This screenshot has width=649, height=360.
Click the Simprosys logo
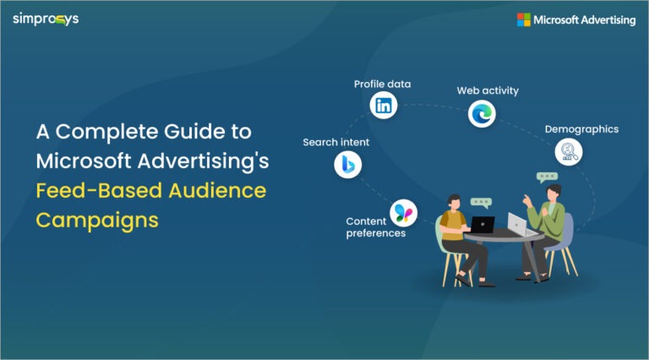tap(46, 19)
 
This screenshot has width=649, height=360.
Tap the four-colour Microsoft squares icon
tap(524, 19)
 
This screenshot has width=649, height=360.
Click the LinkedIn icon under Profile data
tap(384, 106)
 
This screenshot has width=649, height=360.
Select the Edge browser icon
tap(483, 112)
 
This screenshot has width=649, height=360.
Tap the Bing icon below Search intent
tap(347, 165)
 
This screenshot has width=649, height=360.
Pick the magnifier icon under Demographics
tap(569, 152)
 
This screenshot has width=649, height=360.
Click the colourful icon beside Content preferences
tap(403, 212)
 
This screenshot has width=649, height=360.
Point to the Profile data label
tap(383, 85)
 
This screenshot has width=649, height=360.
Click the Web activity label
tap(488, 90)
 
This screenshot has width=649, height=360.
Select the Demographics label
tap(581, 129)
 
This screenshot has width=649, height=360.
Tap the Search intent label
tap(335, 142)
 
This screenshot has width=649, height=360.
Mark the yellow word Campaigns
tap(96, 219)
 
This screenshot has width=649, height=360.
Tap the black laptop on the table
tap(482, 225)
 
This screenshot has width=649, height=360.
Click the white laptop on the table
tap(517, 224)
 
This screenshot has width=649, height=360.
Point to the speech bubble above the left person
tap(481, 203)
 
